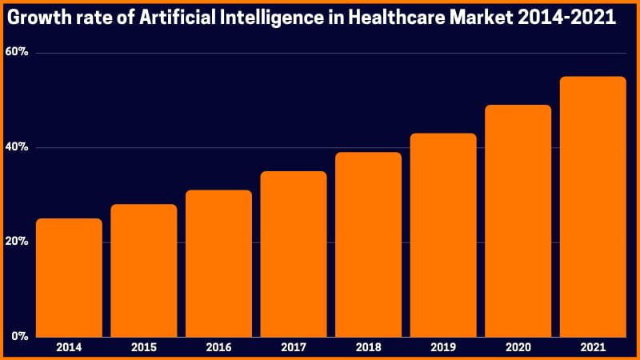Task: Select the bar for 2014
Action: coord(69,278)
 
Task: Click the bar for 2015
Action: coord(144,270)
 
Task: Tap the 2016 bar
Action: coord(218,263)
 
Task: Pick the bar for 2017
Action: coord(294,254)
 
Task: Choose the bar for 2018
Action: coord(368,244)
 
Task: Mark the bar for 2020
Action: coord(518,221)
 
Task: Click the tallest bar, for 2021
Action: coord(593,206)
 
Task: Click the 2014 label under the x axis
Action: coord(69,348)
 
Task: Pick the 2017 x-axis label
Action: coord(294,348)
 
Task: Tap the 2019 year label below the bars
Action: coord(443,348)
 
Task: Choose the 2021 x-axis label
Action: coord(593,348)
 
